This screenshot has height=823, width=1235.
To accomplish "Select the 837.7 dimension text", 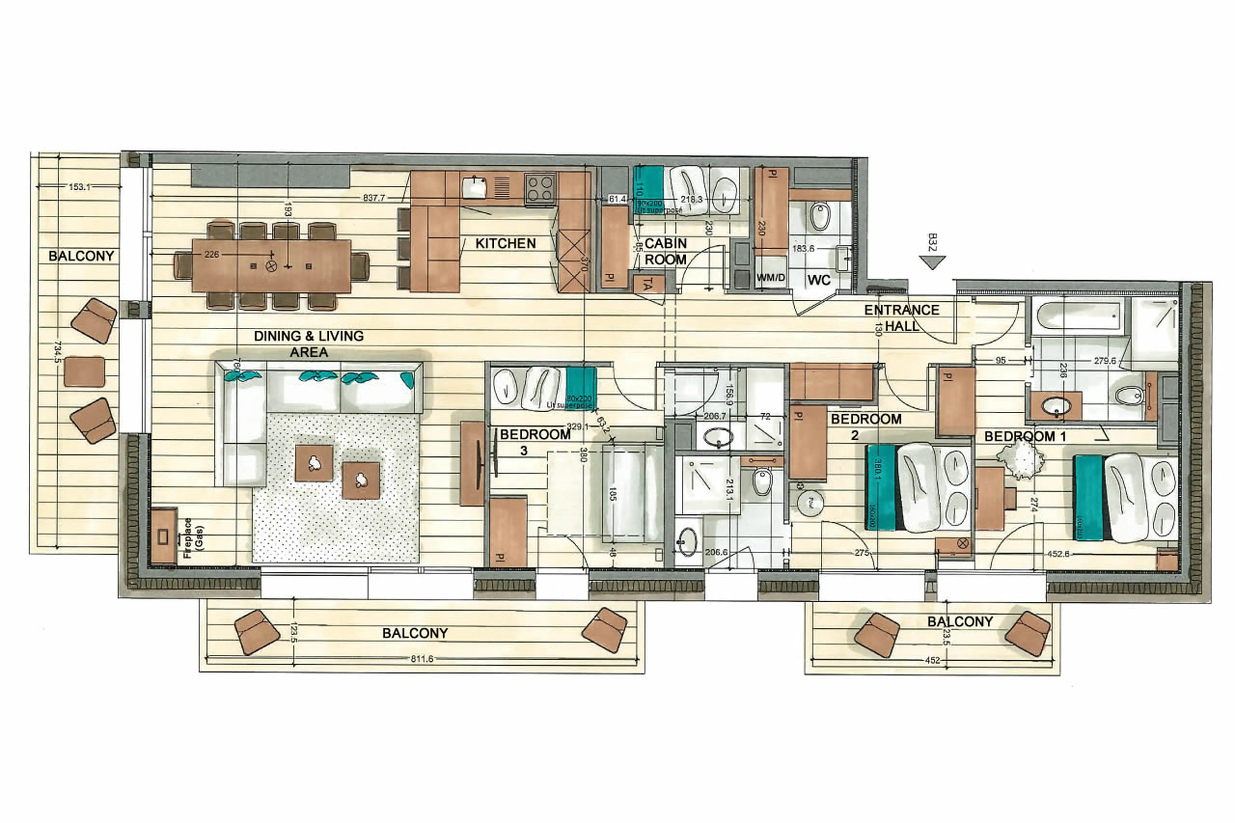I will pyautogui.click(x=374, y=198).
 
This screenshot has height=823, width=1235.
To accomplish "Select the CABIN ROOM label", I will pyautogui.click(x=665, y=251).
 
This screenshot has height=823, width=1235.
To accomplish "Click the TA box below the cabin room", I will pyautogui.click(x=648, y=285).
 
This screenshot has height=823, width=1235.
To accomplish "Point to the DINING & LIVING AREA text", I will pyautogui.click(x=309, y=344).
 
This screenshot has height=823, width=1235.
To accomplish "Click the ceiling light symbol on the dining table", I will pyautogui.click(x=271, y=266).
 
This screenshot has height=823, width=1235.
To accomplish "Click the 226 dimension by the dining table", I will pyautogui.click(x=212, y=255).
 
